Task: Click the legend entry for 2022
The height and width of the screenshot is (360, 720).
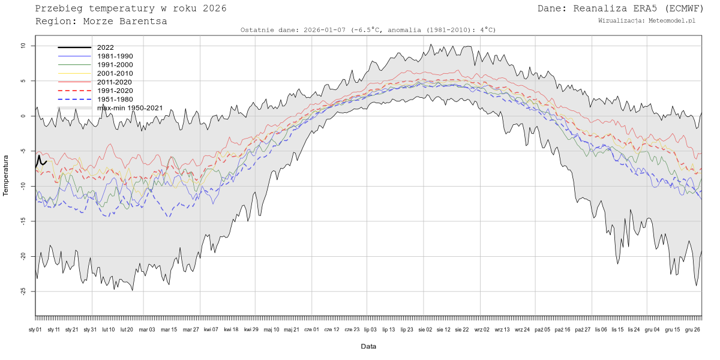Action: coord(105,47)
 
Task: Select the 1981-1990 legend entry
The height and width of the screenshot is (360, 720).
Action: coord(115,56)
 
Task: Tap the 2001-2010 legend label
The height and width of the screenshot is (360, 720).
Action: coord(115,73)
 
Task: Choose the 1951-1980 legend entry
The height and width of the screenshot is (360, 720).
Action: coord(115,99)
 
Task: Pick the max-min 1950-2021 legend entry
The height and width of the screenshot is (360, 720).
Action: coord(130,108)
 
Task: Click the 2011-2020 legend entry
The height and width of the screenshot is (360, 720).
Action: coord(115,82)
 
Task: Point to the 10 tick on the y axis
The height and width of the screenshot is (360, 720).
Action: coord(22,46)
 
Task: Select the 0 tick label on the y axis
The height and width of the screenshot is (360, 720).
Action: coord(23,116)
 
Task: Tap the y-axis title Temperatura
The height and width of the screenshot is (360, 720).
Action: coord(6,175)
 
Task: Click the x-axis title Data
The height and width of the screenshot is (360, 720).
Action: coord(368,347)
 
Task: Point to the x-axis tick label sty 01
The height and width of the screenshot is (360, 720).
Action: coord(35,329)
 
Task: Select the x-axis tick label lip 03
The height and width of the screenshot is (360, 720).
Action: coord(370,329)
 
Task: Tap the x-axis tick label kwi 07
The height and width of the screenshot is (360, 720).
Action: coord(211,329)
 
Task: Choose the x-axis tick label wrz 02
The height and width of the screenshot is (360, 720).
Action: coord(482,329)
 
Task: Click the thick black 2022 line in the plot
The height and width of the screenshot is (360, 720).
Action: coord(40,159)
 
